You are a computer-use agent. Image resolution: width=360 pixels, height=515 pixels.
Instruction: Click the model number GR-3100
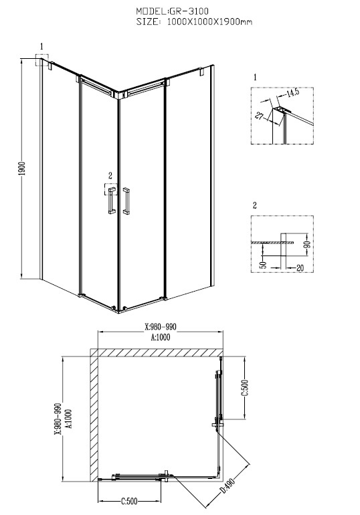point(189,11)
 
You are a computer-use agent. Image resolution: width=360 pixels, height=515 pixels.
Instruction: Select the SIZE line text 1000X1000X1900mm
point(209,22)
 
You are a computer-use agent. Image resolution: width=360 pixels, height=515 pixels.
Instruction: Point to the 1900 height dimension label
point(22,168)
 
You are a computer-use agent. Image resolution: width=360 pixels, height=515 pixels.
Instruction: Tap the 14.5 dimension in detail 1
point(292,93)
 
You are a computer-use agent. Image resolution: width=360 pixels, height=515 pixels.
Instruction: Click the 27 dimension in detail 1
point(260,116)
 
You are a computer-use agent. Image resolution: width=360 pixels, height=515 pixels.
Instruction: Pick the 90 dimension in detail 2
point(308,244)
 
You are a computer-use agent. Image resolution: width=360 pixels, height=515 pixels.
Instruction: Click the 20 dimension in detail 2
point(300,268)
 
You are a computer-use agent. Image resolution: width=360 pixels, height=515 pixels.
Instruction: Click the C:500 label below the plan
point(129,501)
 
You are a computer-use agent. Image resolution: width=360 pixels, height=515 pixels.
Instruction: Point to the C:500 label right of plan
point(245,388)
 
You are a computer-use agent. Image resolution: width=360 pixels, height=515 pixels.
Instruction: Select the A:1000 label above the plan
point(161,337)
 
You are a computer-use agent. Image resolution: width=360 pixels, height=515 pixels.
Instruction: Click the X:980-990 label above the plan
point(161,327)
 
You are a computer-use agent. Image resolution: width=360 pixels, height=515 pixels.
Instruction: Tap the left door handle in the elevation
point(111,201)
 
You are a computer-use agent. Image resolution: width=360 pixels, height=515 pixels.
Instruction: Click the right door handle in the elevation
point(126,201)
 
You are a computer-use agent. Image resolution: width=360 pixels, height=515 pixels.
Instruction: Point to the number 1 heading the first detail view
point(255,77)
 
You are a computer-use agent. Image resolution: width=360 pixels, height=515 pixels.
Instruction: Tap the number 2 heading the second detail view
point(255,205)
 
